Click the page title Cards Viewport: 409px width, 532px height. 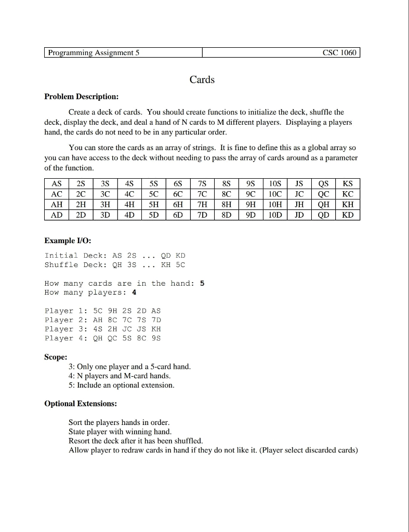(202, 79)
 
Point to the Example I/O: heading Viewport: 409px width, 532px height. (68, 241)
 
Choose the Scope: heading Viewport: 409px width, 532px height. (56, 357)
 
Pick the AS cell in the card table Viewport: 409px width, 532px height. (56, 183)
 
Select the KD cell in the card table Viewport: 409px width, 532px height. (348, 215)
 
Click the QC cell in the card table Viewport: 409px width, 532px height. (323, 194)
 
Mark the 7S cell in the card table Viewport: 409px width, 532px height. (202, 183)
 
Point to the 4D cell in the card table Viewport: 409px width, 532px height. (129, 215)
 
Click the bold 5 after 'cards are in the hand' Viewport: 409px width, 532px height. (202, 283)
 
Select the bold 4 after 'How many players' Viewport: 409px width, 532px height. (134, 292)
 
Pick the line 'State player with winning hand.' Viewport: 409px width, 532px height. (120, 431)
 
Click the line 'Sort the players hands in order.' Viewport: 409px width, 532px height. (119, 422)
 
